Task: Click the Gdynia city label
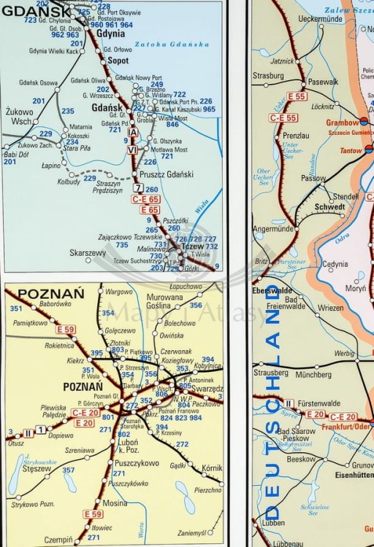[x=110, y=34]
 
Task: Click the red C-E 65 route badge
[x=146, y=199]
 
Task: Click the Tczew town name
[x=192, y=247]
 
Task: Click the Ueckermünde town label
[x=299, y=19]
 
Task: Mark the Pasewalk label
[x=323, y=82]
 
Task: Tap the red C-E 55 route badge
[x=283, y=117]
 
